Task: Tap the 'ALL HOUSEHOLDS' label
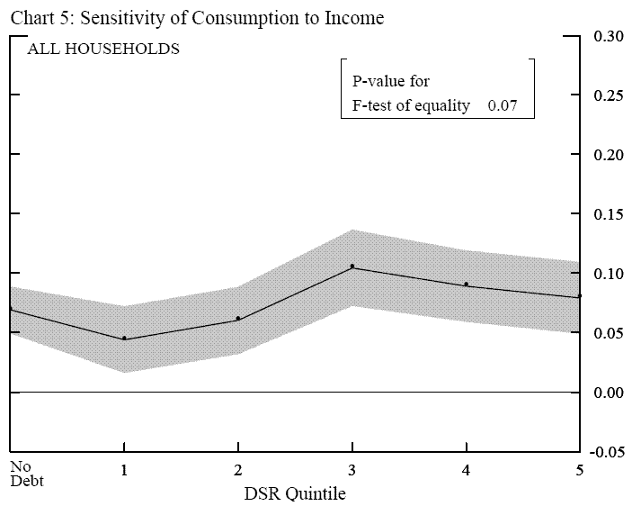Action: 103,50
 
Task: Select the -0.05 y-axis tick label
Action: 608,452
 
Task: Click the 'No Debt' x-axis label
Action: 26,474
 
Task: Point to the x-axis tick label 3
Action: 352,471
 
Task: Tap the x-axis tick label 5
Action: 580,471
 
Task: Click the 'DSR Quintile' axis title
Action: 295,493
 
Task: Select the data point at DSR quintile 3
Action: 352,267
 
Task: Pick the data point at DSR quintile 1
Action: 123,339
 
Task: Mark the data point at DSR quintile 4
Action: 466,284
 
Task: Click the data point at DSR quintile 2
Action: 237,318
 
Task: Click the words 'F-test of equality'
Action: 412,105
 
